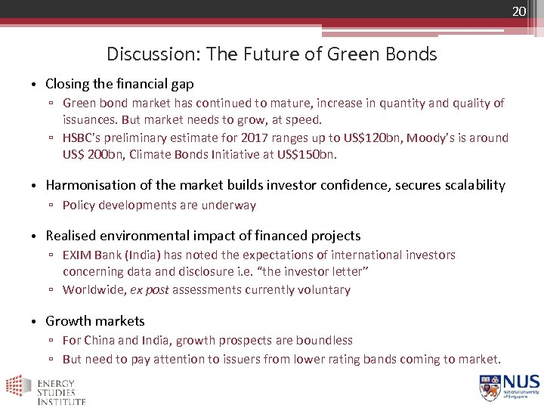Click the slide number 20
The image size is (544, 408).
(518, 11)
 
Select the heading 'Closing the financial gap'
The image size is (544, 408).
(119, 84)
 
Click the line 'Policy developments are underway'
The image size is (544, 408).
(159, 205)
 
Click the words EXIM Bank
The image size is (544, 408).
(91, 255)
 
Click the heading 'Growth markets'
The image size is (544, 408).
(95, 321)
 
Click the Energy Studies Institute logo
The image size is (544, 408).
(45, 389)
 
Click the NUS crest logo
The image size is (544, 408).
(490, 387)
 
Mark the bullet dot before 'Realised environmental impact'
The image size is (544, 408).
(35, 236)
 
